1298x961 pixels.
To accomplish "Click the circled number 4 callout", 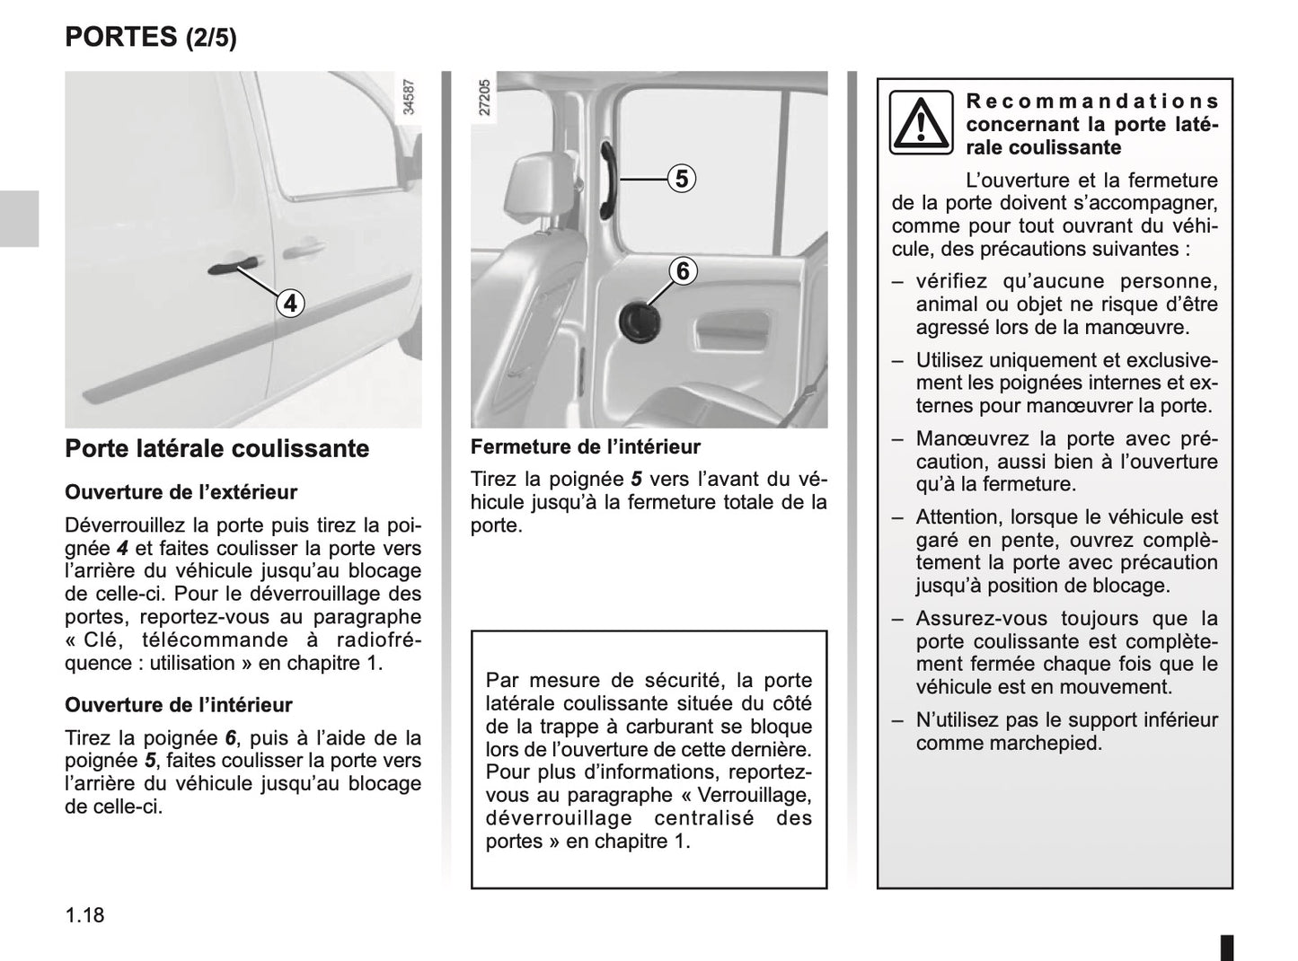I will (x=290, y=304).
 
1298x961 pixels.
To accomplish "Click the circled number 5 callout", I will (x=682, y=179).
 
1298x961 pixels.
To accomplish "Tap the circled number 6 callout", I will (x=682, y=270).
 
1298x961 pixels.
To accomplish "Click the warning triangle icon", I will (x=921, y=123).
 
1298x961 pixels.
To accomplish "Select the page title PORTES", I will (x=122, y=37).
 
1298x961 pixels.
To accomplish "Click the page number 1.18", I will (x=84, y=915).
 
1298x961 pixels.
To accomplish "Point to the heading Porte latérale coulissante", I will (x=217, y=448).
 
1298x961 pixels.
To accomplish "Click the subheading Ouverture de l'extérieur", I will (x=181, y=492).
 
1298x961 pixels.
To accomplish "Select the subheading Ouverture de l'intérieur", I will (x=179, y=705).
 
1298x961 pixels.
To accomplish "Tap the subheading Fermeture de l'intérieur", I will (x=586, y=447).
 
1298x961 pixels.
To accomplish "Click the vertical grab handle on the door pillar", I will (x=608, y=180).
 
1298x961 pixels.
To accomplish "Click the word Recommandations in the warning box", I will (x=1092, y=101).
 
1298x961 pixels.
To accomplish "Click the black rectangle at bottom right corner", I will (x=1226, y=948).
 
